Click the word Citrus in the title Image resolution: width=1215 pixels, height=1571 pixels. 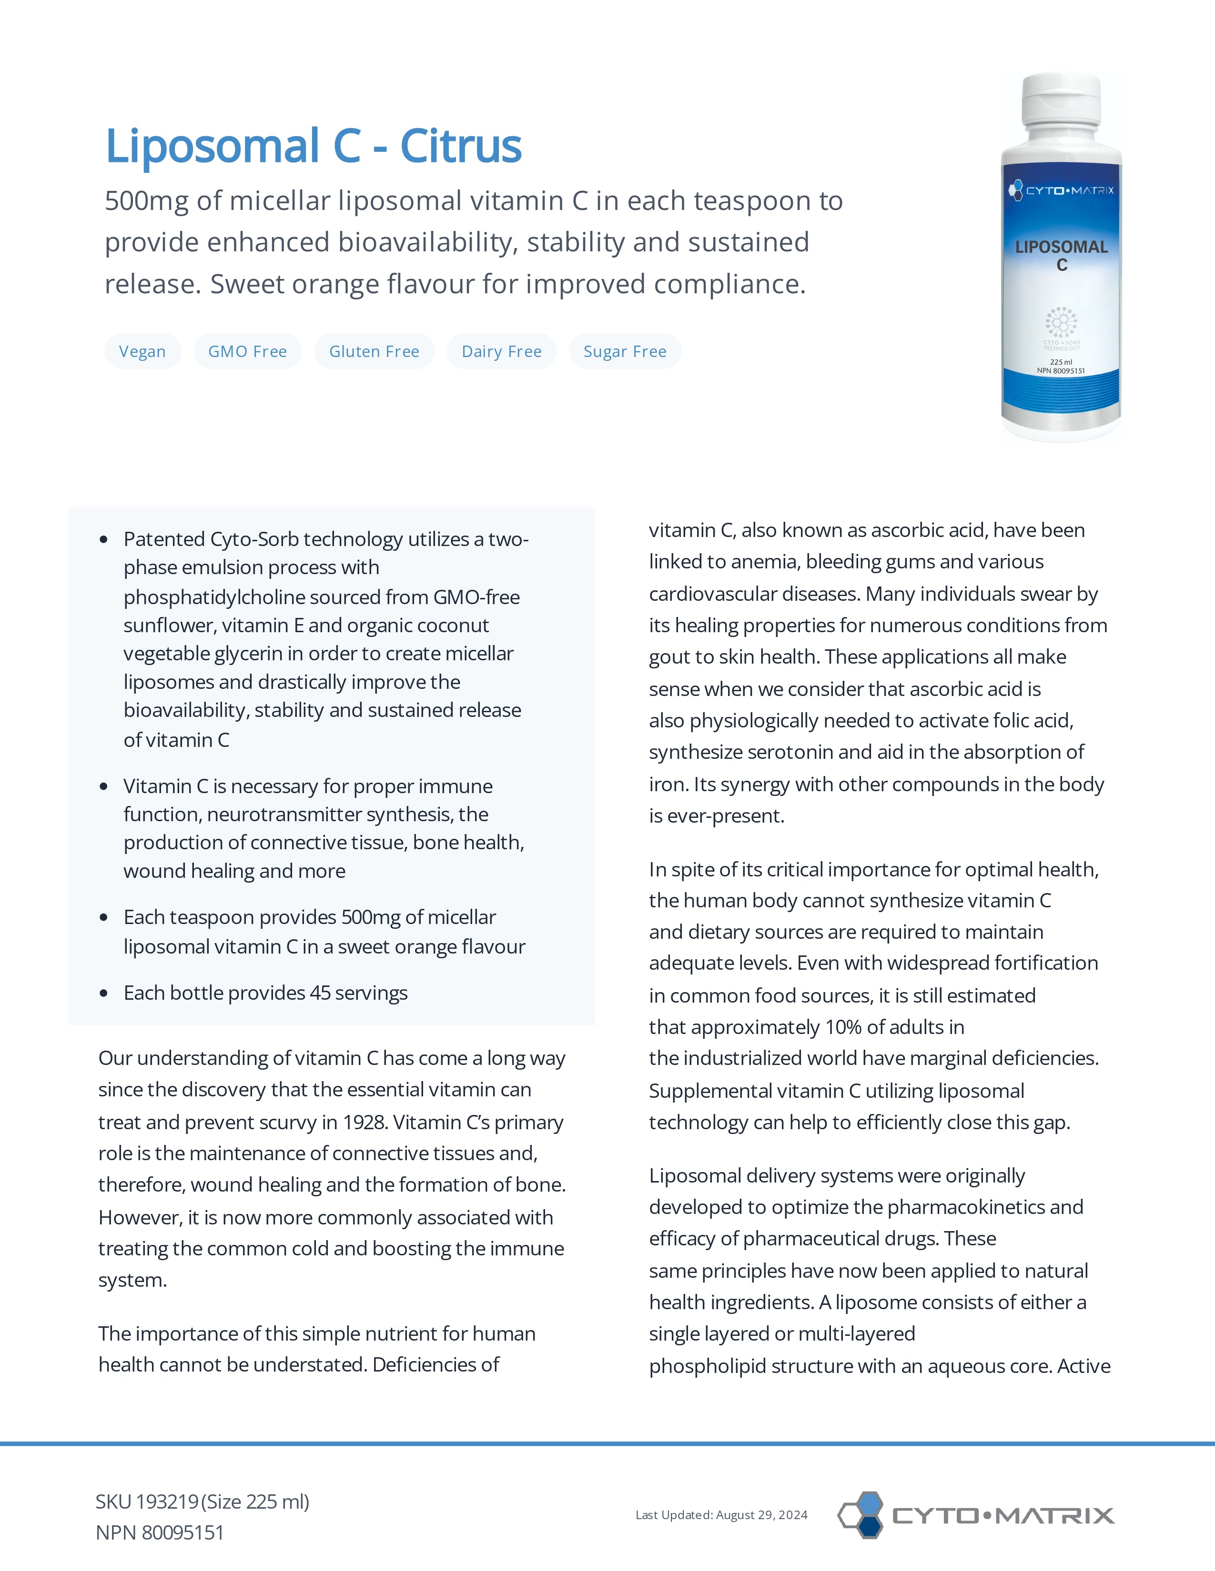click(461, 146)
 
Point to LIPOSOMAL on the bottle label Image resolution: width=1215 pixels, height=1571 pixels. click(1061, 247)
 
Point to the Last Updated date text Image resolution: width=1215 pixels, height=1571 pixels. click(721, 1515)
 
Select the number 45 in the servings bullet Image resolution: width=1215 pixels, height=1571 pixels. click(320, 994)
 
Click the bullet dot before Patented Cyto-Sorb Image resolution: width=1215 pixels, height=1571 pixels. click(104, 539)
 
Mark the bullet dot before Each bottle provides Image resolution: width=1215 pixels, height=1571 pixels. click(104, 994)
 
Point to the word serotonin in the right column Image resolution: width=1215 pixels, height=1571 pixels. click(790, 752)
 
